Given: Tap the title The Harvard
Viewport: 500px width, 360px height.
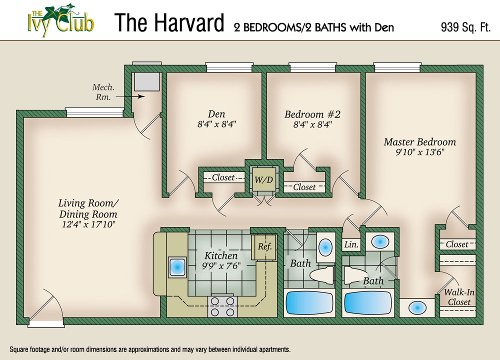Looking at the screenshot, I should coord(169,23).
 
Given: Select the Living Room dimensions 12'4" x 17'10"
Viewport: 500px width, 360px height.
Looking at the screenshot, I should coord(87,225).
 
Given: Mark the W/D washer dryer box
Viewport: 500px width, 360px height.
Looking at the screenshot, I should coord(263,179).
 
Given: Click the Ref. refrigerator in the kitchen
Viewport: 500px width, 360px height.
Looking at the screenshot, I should coord(264,246).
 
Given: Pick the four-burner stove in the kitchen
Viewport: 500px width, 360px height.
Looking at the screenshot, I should coord(220,305).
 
